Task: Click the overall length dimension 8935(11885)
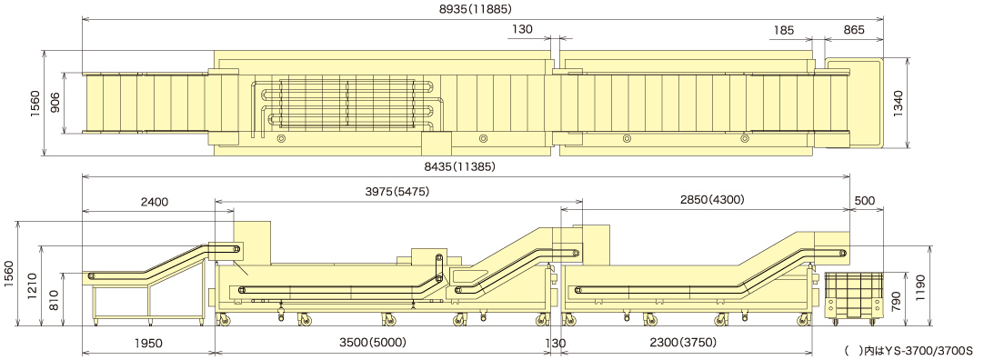click(476, 9)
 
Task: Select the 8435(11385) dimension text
click(459, 167)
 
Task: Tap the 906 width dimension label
click(55, 103)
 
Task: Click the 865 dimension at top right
click(854, 29)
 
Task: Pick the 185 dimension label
click(784, 29)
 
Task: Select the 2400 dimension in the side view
click(154, 202)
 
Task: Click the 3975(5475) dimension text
click(397, 192)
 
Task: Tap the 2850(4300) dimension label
click(712, 200)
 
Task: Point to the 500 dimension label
click(865, 200)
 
